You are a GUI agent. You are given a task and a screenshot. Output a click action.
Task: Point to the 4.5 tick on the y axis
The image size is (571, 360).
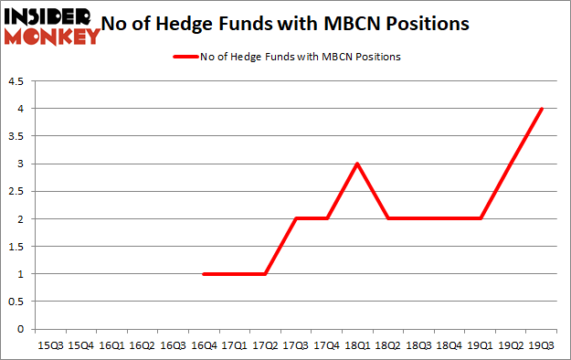(17, 81)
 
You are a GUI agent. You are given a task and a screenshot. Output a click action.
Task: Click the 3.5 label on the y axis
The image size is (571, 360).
(17, 136)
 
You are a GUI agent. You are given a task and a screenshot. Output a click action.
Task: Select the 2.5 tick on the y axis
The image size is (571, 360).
(17, 192)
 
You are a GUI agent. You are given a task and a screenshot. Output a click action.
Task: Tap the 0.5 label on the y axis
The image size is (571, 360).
(17, 302)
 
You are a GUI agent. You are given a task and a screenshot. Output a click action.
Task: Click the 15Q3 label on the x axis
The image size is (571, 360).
(49, 344)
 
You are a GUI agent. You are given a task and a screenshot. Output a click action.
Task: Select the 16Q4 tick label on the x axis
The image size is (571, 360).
(204, 344)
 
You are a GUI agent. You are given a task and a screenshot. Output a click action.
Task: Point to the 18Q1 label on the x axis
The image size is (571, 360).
(357, 344)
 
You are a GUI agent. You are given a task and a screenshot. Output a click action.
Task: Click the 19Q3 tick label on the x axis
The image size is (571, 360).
(543, 344)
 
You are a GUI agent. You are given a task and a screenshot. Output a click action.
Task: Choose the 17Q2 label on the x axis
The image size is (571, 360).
(265, 344)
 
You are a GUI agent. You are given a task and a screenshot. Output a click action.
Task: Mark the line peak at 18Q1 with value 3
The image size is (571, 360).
(357, 164)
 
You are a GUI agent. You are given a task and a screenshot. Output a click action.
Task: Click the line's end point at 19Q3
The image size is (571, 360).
(543, 109)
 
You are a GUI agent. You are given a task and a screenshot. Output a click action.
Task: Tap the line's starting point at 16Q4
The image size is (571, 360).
(204, 274)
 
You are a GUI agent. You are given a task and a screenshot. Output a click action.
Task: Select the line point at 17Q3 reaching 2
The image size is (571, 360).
(296, 219)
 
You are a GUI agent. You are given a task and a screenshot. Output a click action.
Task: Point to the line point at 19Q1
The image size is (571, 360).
(481, 219)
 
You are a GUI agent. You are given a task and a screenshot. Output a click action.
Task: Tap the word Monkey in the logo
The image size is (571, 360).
(51, 37)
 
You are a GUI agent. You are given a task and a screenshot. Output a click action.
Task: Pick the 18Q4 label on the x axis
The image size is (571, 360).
(449, 344)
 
